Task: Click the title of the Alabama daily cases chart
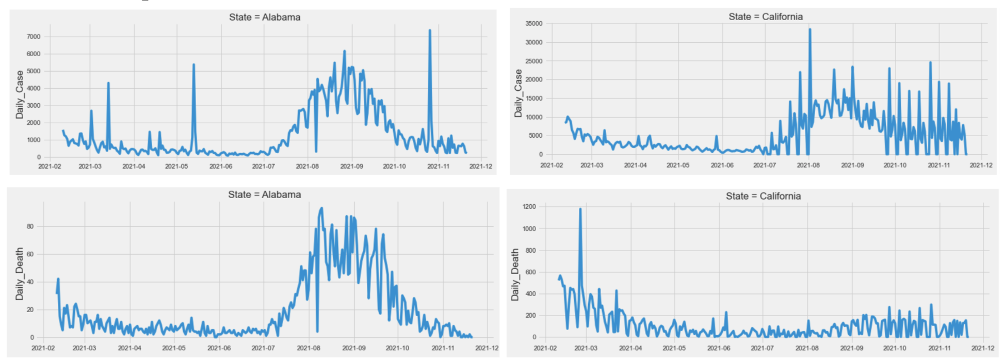(265, 17)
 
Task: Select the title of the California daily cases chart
(765, 17)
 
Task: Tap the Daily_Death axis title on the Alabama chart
(20, 273)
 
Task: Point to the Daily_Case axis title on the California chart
(519, 93)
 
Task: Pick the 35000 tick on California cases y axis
(533, 24)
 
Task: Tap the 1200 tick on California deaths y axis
(529, 207)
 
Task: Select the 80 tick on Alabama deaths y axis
(30, 226)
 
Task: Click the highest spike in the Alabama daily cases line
(429, 30)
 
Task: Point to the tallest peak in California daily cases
(809, 29)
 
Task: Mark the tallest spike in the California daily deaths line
(580, 209)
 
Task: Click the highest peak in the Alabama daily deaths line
(321, 208)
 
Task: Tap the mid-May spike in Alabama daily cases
(193, 65)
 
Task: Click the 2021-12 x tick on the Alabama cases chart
(480, 166)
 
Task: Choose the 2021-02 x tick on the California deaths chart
(545, 348)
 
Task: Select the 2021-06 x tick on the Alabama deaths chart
(219, 348)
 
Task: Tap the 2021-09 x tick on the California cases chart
(852, 165)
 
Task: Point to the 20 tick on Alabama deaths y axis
(30, 310)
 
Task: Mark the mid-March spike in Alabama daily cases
(108, 83)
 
